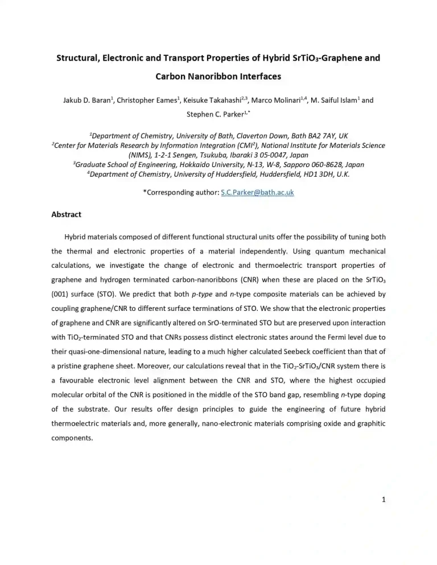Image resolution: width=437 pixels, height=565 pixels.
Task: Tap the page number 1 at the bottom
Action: [384, 500]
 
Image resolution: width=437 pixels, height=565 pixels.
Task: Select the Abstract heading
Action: [67, 214]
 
